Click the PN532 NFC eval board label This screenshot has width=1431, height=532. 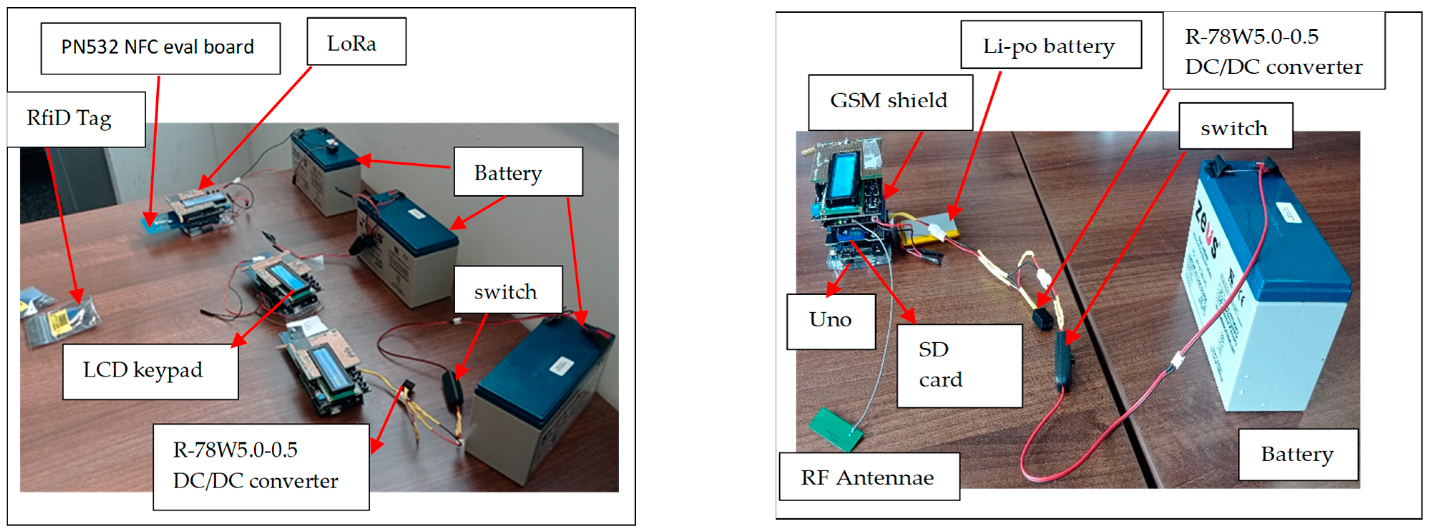160,48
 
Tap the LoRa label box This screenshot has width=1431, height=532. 356,42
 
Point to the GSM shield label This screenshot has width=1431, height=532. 890,102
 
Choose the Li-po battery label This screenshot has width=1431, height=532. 1050,45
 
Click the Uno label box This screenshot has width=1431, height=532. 830,321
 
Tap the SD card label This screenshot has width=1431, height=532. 959,365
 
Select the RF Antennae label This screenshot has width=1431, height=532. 869,477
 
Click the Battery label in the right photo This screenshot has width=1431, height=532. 1298,454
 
